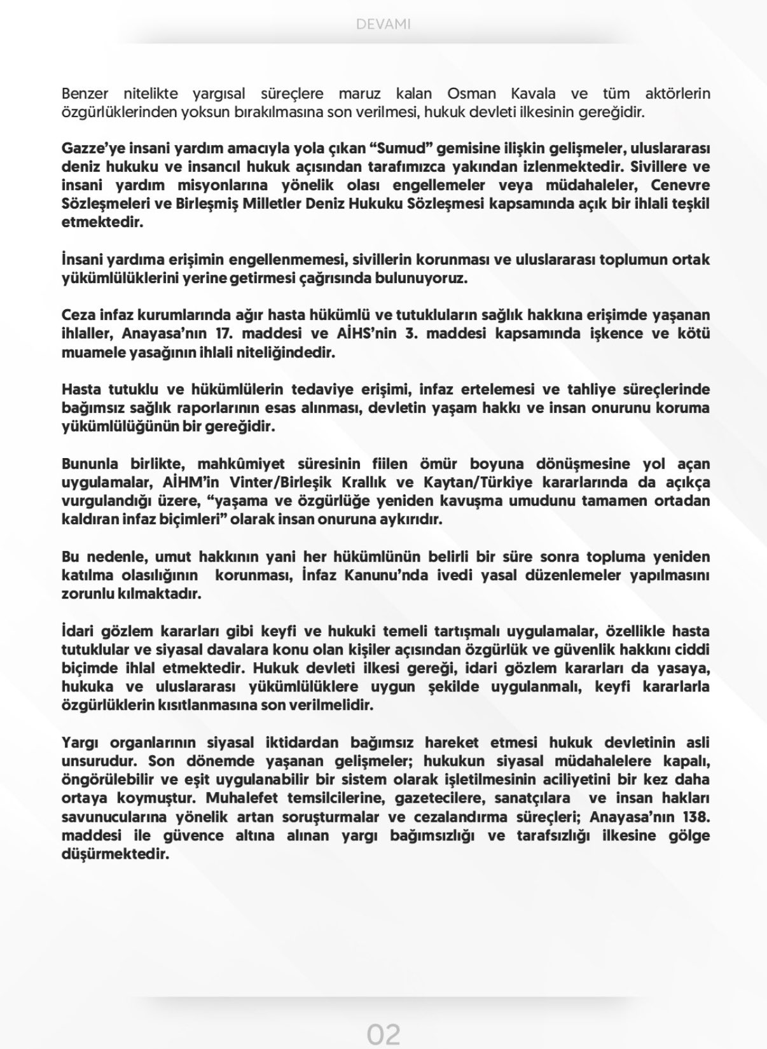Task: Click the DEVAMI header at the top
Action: click(383, 24)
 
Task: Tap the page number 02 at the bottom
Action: click(383, 1034)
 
